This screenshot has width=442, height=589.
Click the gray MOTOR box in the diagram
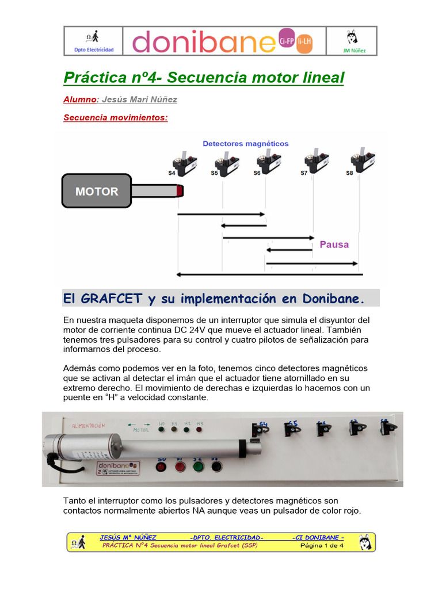pos(97,191)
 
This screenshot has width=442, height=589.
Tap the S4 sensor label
pos(172,173)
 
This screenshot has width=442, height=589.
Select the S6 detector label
pos(257,173)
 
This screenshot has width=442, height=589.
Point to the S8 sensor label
pos(350,173)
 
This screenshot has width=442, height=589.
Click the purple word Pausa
pos(334,244)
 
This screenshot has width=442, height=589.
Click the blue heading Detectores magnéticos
pos(246,143)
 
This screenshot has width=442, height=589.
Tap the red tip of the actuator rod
pos(180,190)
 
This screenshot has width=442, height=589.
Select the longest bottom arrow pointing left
pos(268,274)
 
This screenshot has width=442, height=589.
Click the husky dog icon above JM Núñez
pos(352,37)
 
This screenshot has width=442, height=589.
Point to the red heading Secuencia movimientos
pos(115,118)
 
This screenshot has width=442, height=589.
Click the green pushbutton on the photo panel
pos(198,465)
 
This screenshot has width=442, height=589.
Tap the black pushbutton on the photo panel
pos(216,465)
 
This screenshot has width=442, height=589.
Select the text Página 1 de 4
pos(322,545)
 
